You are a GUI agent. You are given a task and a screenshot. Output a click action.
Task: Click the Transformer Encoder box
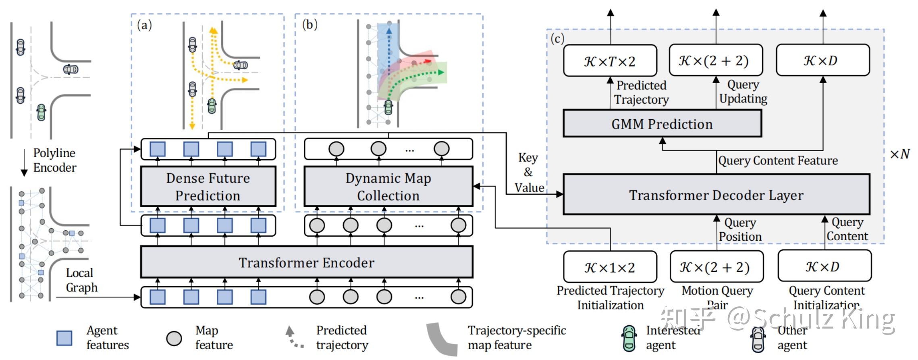[306, 262]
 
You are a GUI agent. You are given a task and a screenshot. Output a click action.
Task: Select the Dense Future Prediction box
[208, 187]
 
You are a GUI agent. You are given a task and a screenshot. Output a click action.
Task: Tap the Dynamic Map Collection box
[388, 187]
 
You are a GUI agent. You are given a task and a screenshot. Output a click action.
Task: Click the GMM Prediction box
[662, 124]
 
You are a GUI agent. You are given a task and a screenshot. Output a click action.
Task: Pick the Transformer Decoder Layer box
[716, 195]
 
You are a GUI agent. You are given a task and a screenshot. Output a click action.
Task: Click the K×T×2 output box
[610, 61]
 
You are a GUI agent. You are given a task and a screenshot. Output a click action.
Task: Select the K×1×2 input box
[610, 267]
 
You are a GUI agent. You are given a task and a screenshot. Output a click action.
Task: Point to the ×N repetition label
[899, 154]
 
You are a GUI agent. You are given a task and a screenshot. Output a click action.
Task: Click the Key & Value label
[529, 173]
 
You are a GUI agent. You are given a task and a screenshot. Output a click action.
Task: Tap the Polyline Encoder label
[54, 160]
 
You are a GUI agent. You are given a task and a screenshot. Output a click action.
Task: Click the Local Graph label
[81, 280]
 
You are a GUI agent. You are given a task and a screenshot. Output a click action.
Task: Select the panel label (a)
[144, 25]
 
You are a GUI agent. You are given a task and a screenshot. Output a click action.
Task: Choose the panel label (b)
[309, 25]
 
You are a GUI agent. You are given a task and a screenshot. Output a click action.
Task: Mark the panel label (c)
[557, 39]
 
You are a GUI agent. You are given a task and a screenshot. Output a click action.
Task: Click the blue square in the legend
[64, 338]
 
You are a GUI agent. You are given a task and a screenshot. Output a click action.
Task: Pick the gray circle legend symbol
[174, 338]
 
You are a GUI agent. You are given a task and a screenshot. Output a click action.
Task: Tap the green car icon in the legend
[629, 338]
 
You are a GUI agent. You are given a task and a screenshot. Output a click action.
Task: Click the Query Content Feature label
[778, 160]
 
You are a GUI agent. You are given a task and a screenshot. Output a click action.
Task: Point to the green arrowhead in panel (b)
[441, 73]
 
